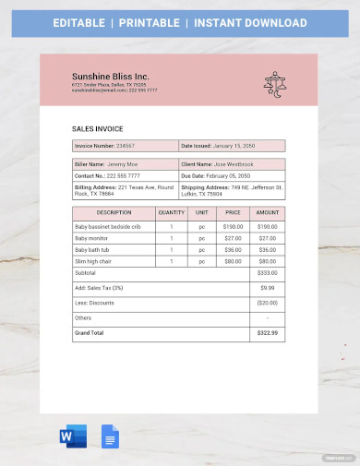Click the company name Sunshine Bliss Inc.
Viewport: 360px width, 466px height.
point(110,76)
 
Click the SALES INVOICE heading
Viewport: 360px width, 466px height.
point(97,129)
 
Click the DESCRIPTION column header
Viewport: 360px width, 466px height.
point(114,212)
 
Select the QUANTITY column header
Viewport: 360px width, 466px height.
point(172,212)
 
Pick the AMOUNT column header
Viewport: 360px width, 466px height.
point(267,212)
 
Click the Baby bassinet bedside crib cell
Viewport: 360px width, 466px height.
point(109,225)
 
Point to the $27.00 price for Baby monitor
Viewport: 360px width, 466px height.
point(234,237)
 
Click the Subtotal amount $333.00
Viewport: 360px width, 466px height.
point(267,273)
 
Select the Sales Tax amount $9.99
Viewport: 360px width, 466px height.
point(267,288)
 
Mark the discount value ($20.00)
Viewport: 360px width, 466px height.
point(267,303)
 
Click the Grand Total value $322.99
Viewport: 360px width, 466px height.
point(267,332)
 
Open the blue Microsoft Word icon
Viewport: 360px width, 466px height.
point(72,436)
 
